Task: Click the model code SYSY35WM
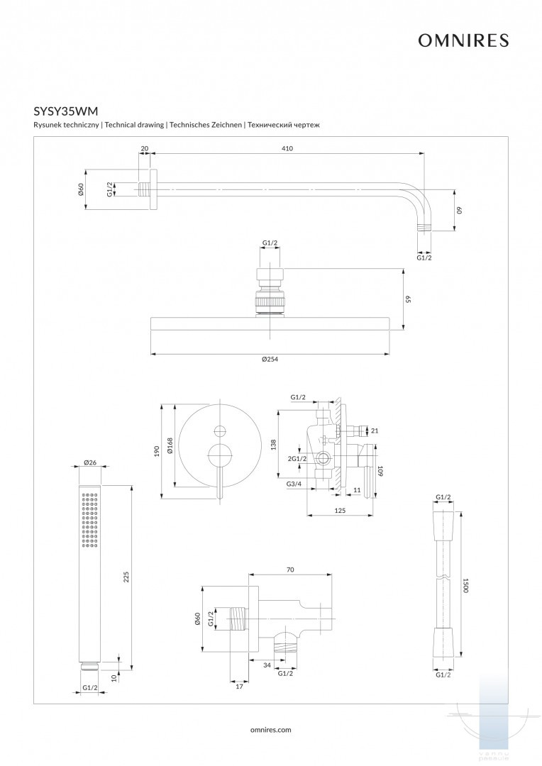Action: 66,111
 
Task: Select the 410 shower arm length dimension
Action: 287,148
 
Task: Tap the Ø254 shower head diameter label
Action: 270,360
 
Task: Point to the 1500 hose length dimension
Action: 465,585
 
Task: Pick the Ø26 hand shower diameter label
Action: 90,462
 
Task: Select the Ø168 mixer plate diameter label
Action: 170,445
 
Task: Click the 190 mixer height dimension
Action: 157,451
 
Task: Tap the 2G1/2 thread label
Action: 297,459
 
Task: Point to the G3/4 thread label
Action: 294,484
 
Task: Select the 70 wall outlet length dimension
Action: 289,569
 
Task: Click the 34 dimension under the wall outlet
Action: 265,665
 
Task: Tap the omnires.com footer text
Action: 271,729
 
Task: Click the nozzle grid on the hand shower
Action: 90,520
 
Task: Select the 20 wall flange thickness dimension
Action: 145,148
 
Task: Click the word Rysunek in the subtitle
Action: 48,125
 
